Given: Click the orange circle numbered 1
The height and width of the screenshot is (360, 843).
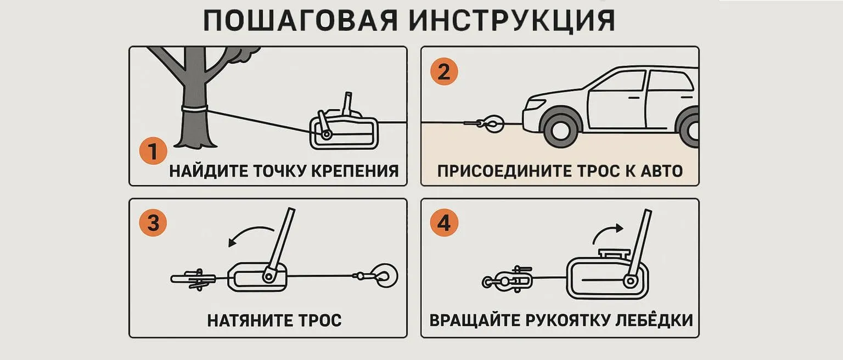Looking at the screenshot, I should coord(153,151).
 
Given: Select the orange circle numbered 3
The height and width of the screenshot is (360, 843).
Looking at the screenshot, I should coord(153,223).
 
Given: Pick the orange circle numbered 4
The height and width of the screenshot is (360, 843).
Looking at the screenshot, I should coord(443,223).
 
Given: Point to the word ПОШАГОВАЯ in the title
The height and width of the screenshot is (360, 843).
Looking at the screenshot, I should coord(300,21).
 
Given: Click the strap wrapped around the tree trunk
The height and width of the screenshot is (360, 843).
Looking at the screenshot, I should coord(195,109).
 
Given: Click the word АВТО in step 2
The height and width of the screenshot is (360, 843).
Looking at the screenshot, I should coord(661,171).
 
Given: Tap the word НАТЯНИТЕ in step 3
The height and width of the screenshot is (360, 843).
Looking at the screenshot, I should coord(248,320).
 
